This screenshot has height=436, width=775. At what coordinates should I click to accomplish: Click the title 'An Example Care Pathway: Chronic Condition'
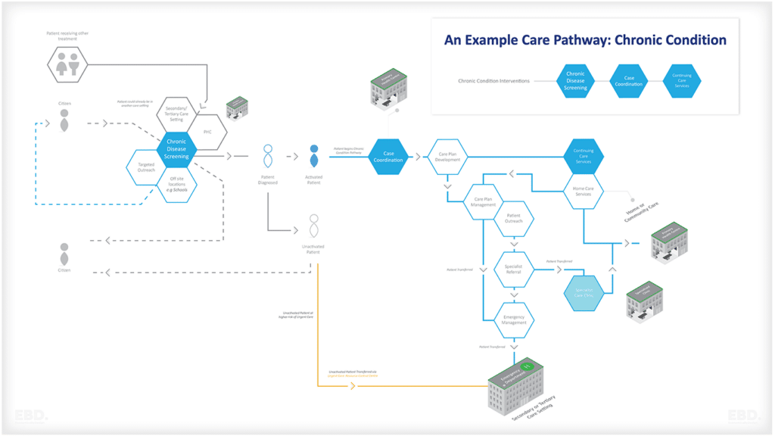tap(585, 40)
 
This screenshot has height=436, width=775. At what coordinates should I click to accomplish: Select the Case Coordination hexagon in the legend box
tap(629, 81)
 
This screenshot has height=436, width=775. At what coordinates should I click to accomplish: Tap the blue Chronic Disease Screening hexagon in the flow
tap(176, 148)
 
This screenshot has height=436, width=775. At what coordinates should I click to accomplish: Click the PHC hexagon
tap(207, 132)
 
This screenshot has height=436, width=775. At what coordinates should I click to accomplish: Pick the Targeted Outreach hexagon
tap(146, 167)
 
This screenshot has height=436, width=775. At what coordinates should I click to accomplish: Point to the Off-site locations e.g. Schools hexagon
tap(176, 185)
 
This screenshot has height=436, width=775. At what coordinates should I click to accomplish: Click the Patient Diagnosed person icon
tap(267, 157)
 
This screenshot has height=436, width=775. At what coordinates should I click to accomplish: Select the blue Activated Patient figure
tap(313, 157)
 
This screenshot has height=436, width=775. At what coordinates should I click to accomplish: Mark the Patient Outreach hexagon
tap(515, 220)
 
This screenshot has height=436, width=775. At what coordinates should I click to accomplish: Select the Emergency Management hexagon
tap(515, 319)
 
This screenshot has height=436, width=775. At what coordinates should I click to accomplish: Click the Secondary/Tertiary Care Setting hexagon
tap(176, 115)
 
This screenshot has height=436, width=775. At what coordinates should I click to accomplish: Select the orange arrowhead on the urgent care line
tap(352, 386)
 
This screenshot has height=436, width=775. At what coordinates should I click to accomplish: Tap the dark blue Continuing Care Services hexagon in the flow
tap(583, 157)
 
